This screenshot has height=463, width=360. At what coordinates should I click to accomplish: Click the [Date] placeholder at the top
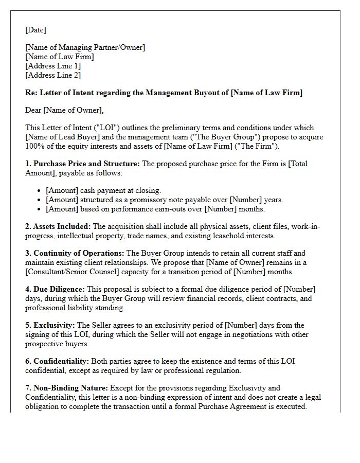[x=35, y=30]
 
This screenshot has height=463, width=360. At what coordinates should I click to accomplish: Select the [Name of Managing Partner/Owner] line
[x=85, y=48]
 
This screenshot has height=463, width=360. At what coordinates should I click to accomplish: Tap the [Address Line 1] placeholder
[x=53, y=66]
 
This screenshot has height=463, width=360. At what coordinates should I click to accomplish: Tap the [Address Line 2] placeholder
[x=53, y=75]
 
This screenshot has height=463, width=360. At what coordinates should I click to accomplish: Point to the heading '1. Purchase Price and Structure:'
[x=82, y=164]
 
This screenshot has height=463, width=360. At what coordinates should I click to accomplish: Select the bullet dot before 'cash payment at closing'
[x=40, y=190]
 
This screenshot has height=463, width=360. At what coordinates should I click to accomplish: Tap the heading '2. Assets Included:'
[x=58, y=226]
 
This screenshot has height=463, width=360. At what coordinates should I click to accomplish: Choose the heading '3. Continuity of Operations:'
[x=75, y=253]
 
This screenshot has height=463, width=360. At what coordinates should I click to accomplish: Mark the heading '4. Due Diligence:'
[x=55, y=289]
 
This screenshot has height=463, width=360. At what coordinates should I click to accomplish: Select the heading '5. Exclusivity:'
[x=50, y=325]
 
